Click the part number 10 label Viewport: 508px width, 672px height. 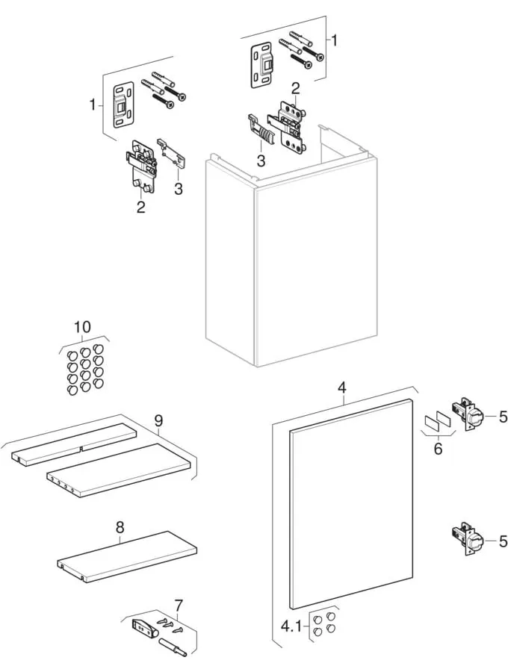tap(82, 327)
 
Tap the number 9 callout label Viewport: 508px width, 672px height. tap(158, 421)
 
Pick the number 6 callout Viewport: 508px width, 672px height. tap(438, 448)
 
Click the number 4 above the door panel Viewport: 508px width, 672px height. tap(342, 388)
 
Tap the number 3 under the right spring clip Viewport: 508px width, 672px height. tap(260, 160)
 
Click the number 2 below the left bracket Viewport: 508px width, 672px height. tap(140, 207)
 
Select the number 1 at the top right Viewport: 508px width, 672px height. tap(335, 40)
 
